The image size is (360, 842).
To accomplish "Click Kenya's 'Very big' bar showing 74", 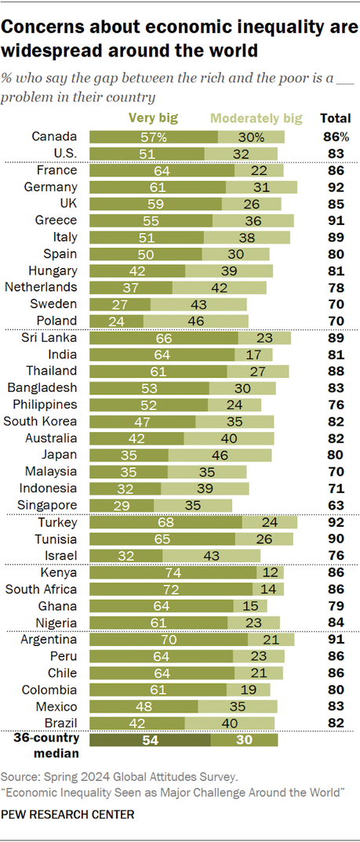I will tap(172, 573).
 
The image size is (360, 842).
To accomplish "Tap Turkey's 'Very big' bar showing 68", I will tap(165, 522).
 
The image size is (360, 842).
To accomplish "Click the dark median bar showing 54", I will tap(151, 740).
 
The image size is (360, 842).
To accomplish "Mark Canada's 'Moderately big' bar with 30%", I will tap(251, 136).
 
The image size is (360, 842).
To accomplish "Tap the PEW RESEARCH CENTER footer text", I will tap(67, 814).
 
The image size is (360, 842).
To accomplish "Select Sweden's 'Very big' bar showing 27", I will tap(120, 303).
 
